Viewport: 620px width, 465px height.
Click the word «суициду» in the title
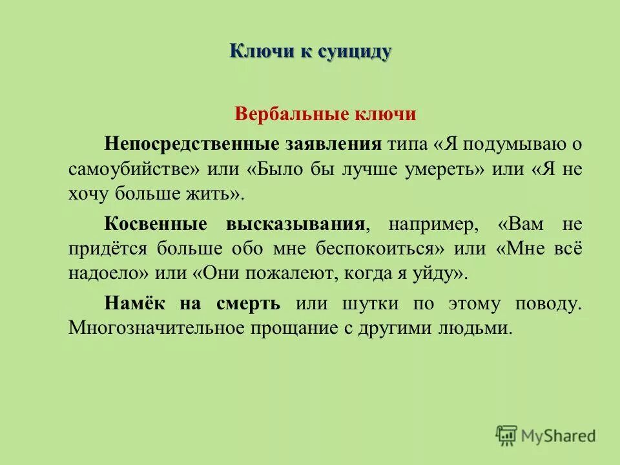(x=354, y=51)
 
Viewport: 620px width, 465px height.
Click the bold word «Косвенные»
(x=156, y=223)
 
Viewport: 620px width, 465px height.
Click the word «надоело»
(x=108, y=273)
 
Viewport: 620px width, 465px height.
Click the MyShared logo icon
(x=507, y=435)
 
